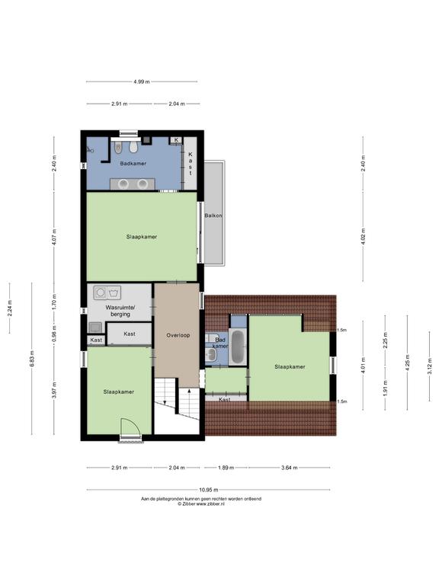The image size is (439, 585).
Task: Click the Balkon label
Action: tap(213, 216)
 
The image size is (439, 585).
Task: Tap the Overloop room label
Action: tap(178, 335)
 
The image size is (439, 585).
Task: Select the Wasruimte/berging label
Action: tap(120, 311)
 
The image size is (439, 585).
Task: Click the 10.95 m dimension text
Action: tap(208, 490)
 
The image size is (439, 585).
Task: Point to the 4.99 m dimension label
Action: tap(142, 82)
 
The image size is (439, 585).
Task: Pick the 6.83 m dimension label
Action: tap(32, 359)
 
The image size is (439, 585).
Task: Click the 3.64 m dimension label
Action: tap(290, 468)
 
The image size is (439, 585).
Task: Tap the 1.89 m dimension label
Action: tap(226, 468)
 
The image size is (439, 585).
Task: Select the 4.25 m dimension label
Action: tap(407, 362)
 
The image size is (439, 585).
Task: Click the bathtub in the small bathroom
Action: tap(238, 347)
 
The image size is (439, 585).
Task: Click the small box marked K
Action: tap(176, 140)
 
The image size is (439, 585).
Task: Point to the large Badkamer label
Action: tap(133, 164)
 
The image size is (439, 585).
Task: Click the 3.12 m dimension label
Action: tap(429, 366)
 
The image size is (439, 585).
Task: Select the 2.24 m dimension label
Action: tap(10, 308)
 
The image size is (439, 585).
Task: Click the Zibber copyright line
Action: tap(201, 503)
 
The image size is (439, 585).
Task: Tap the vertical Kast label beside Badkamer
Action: tap(191, 164)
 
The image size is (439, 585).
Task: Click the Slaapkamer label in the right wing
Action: tap(290, 366)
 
